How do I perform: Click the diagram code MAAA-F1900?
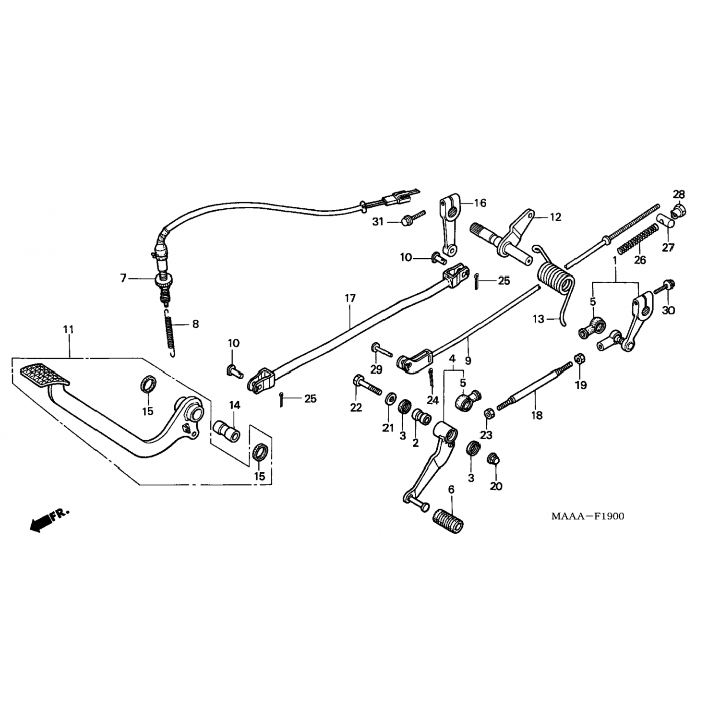[x=588, y=516]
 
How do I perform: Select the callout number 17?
[x=350, y=298]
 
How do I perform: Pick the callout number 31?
[x=378, y=222]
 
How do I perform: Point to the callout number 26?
[x=640, y=260]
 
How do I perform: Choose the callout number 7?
[x=123, y=278]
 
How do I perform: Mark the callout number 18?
[x=537, y=415]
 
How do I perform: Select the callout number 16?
[x=480, y=203]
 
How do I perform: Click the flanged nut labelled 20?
[x=493, y=459]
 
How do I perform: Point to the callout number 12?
[x=555, y=217]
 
